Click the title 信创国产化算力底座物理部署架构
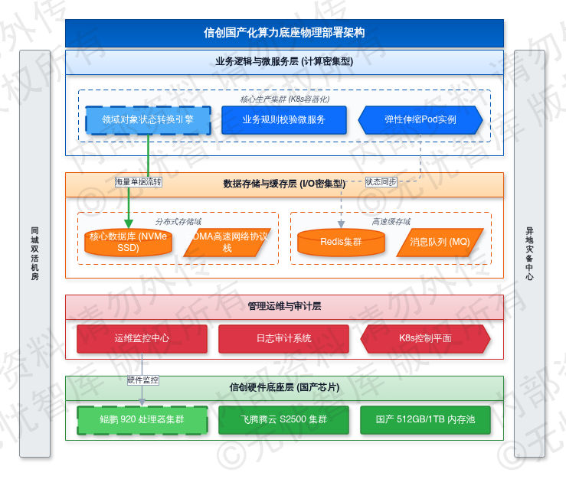pyautogui.click(x=284, y=33)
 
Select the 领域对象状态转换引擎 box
pyautogui.click(x=148, y=119)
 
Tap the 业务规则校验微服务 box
pyautogui.click(x=284, y=119)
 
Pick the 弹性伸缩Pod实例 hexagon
pyautogui.click(x=420, y=119)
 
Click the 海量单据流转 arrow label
pyautogui.click(x=139, y=182)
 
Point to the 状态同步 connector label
pyautogui.click(x=381, y=182)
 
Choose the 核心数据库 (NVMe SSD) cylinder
pyautogui.click(x=129, y=243)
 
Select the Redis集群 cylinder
pyautogui.click(x=341, y=242)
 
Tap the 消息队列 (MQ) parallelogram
pyautogui.click(x=440, y=242)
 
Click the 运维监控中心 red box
pyautogui.click(x=142, y=338)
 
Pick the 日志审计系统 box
pyautogui.click(x=284, y=338)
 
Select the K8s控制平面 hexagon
pyautogui.click(x=426, y=338)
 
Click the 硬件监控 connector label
pyautogui.click(x=143, y=380)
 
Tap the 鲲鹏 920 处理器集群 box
pyautogui.click(x=142, y=419)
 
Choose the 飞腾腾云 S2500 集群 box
pyautogui.click(x=284, y=419)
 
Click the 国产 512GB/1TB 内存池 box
pyautogui.click(x=426, y=419)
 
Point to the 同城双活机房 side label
pyautogui.click(x=34, y=253)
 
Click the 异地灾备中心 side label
pyautogui.click(x=529, y=253)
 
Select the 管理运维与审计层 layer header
pyautogui.click(x=284, y=306)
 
